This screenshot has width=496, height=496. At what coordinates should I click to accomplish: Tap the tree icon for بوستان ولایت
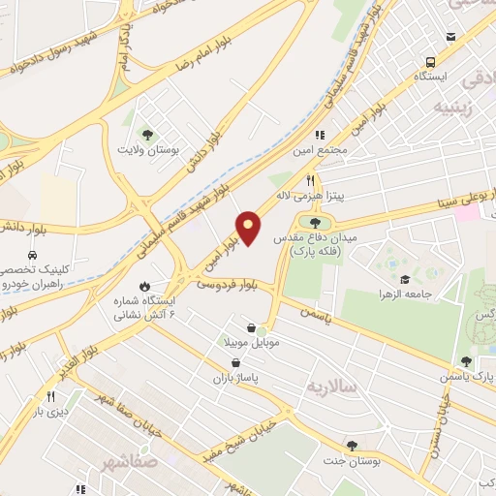point(147,135)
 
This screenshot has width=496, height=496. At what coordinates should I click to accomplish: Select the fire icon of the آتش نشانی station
point(145,287)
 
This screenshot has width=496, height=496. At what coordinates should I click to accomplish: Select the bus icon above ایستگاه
point(450,38)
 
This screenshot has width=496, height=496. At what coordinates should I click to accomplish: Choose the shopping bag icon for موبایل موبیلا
point(252,328)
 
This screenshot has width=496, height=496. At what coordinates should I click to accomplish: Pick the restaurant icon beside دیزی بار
point(49,397)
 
